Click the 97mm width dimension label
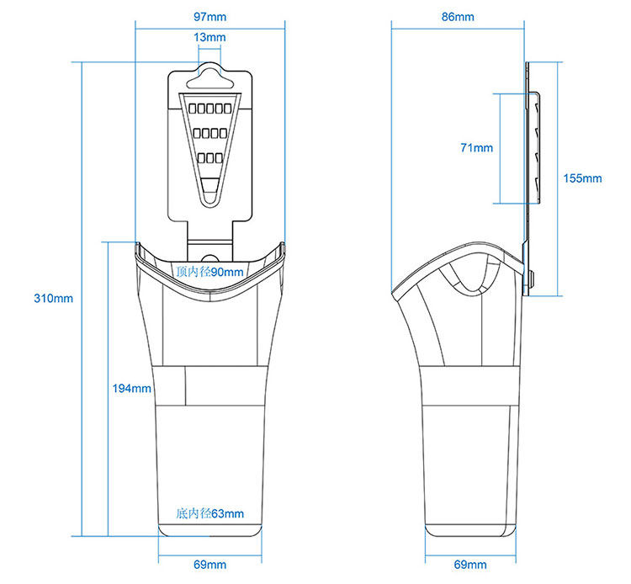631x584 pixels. coord(209,17)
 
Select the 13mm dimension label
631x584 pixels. coord(209,37)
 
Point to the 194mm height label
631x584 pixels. coord(131,388)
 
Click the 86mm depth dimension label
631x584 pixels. coord(458,17)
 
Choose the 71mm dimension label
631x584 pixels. coord(477,148)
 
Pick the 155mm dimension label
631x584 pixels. coord(583,178)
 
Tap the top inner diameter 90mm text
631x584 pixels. coord(210,272)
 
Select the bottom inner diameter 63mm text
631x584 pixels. coord(210,513)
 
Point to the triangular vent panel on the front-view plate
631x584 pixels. coord(209,143)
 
